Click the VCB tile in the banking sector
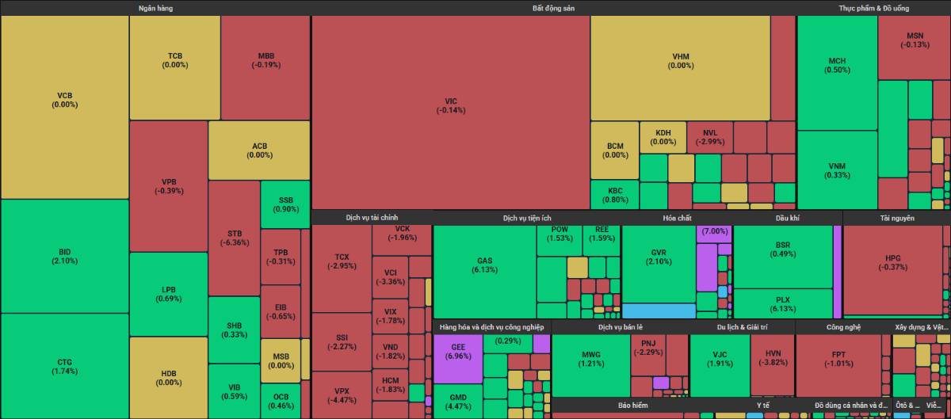pos(65,99)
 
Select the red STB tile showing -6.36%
pos(235,238)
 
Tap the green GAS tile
pos(485,265)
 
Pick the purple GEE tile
pos(458,351)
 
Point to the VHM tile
pos(681,60)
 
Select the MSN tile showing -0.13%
pos(915,40)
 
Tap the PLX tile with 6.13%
pos(783,304)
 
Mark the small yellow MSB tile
pos(281,361)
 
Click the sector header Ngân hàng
pos(155,8)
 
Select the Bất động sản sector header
pos(553,8)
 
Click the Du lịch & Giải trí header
pos(742,326)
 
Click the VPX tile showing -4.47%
pos(342,394)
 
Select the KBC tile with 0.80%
pos(614,195)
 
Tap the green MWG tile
pos(591,359)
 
